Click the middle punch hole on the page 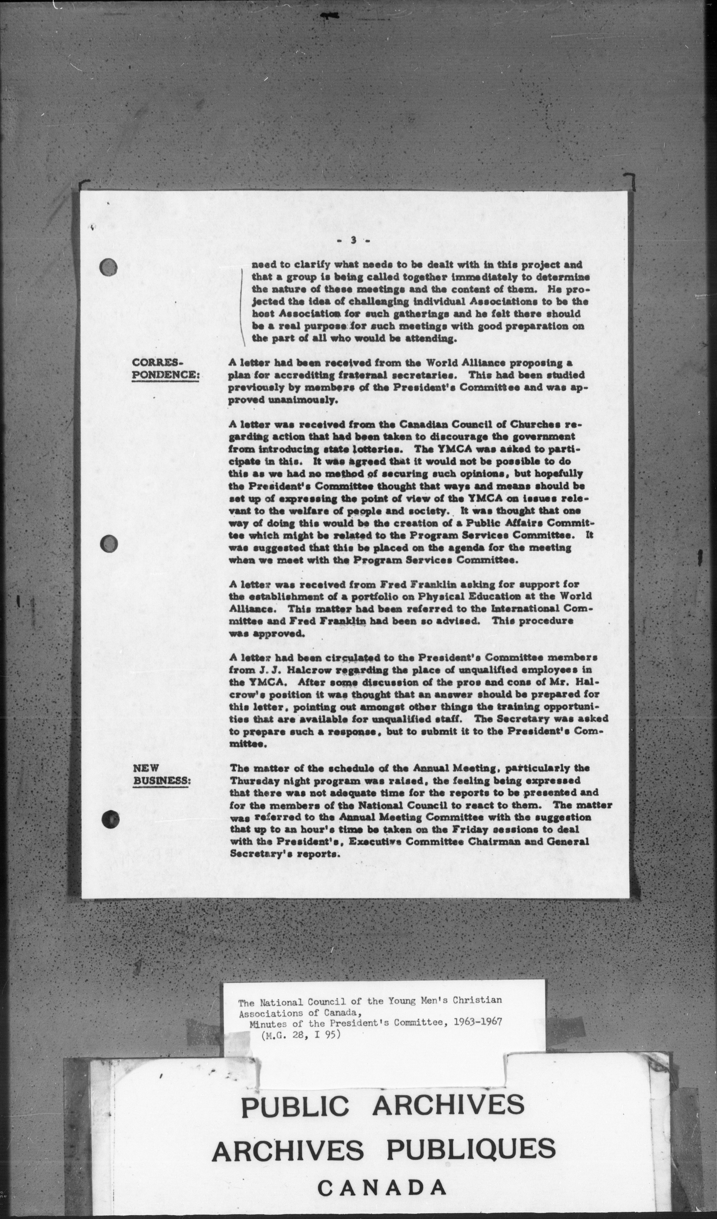click(x=109, y=544)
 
